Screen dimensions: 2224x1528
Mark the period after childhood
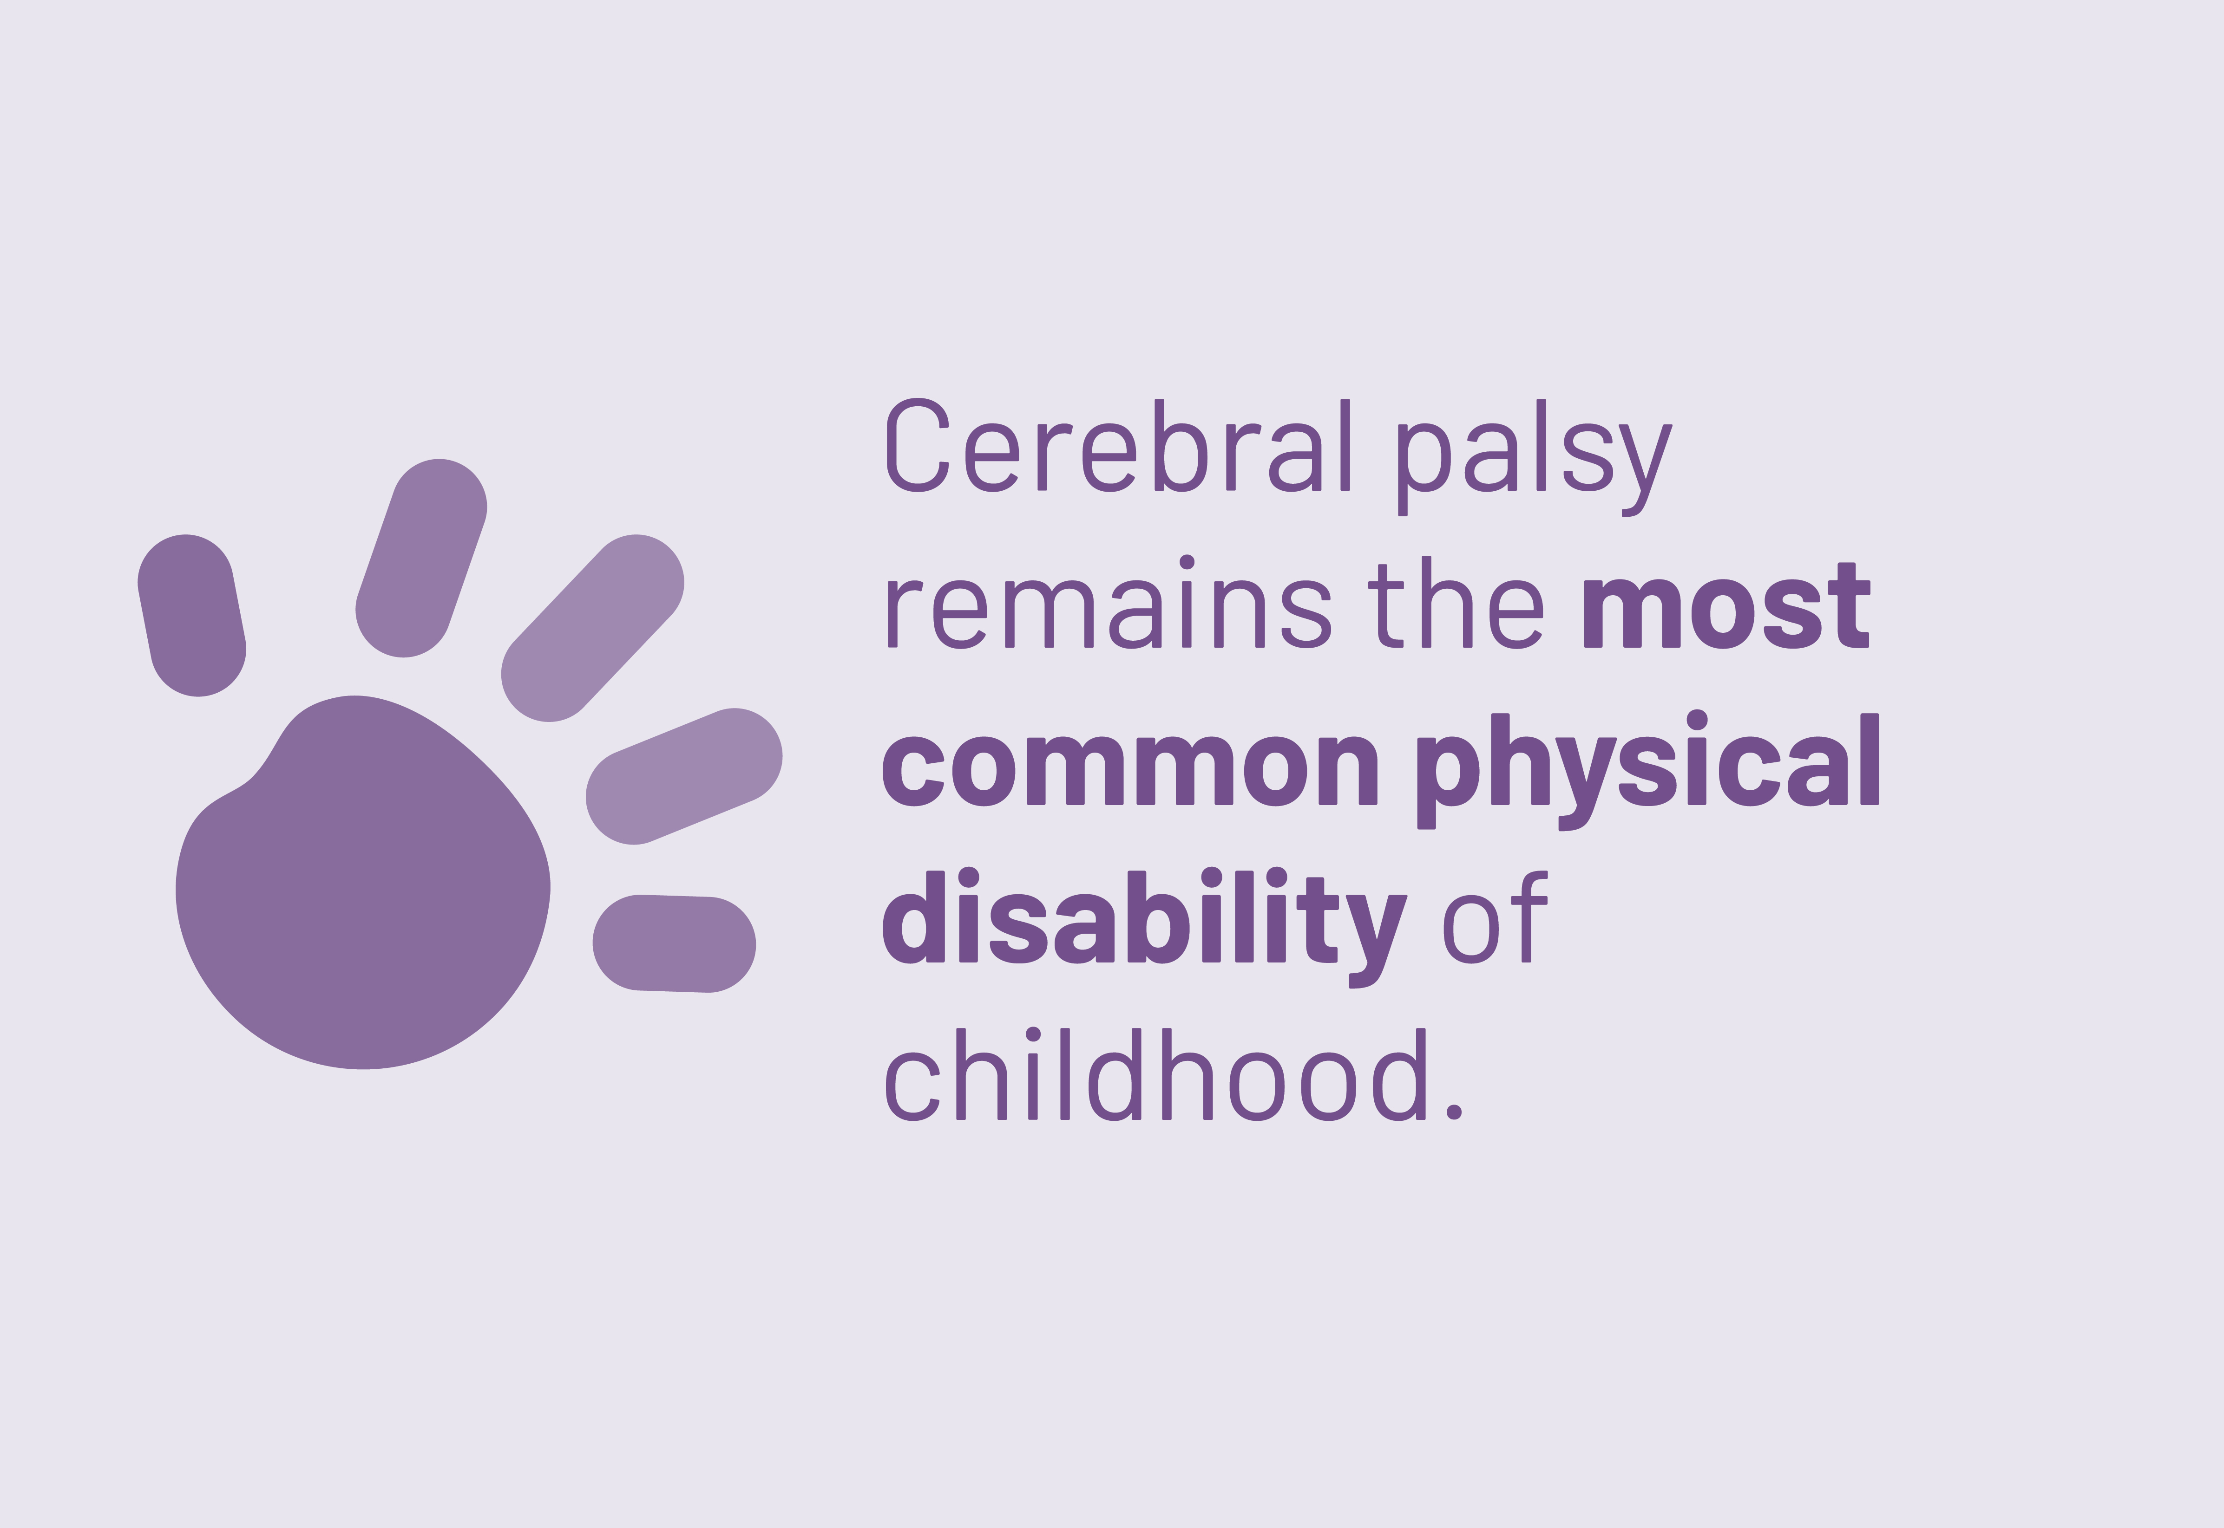1454,1112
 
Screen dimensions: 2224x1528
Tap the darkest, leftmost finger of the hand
191,616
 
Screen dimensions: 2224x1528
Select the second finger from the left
421,558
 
